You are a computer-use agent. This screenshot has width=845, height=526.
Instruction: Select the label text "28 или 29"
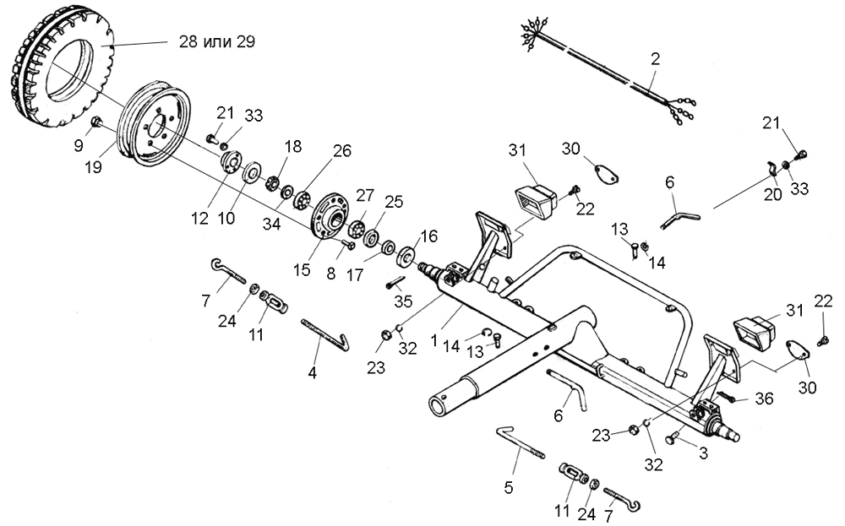(x=216, y=41)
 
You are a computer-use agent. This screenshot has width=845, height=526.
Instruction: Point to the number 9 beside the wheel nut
(x=79, y=144)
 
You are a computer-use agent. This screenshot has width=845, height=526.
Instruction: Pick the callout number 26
(x=341, y=151)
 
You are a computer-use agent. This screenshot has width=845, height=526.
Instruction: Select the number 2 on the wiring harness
(x=655, y=59)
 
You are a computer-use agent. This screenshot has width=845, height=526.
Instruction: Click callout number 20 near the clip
(x=773, y=193)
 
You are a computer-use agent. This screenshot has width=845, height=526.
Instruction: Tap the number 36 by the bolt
(x=764, y=399)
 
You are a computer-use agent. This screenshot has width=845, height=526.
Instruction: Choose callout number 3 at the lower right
(x=703, y=453)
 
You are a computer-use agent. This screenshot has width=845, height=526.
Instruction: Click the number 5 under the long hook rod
(x=509, y=488)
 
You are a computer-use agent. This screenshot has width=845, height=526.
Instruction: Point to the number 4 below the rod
(x=312, y=372)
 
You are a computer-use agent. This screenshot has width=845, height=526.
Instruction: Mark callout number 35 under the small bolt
(x=403, y=301)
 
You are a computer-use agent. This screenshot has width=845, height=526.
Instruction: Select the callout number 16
(x=429, y=236)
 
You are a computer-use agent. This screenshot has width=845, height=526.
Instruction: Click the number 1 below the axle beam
(x=434, y=341)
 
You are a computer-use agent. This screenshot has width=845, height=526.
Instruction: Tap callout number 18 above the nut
(x=293, y=146)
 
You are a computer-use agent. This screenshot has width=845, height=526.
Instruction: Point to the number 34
(x=271, y=223)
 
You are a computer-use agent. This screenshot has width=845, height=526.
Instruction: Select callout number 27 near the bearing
(x=364, y=194)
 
